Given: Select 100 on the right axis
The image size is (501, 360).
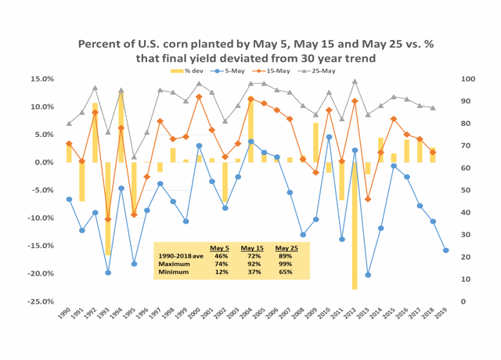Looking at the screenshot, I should [x=467, y=79].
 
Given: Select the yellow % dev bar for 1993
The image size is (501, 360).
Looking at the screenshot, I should [x=108, y=208].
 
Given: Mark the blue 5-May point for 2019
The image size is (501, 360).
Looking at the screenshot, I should [x=445, y=250].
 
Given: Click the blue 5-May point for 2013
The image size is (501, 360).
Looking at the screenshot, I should [x=368, y=275].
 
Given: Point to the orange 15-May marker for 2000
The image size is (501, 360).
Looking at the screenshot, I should [x=199, y=97].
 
